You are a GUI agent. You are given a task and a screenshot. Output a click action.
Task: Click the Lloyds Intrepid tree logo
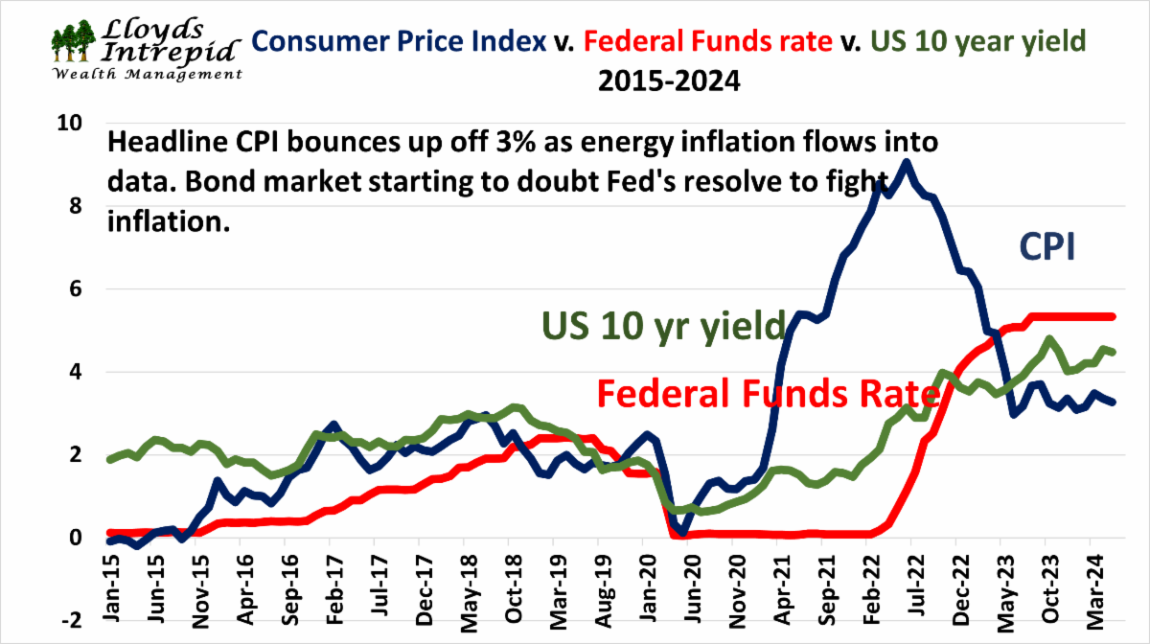click(74, 40)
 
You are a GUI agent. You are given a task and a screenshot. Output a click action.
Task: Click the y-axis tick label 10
click(71, 124)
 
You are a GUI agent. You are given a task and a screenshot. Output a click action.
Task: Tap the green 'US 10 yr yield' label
click(664, 326)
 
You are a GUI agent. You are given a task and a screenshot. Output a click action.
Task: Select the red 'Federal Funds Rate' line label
click(767, 394)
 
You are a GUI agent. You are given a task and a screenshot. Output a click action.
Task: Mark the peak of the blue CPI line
click(906, 163)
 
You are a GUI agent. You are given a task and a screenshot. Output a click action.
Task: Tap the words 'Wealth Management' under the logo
click(147, 74)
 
